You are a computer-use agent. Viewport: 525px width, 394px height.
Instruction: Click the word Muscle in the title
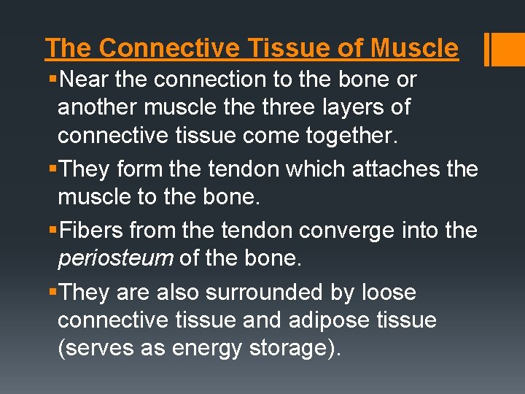tap(414, 48)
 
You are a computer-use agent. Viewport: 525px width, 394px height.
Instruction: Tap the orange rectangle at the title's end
tap(505, 48)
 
